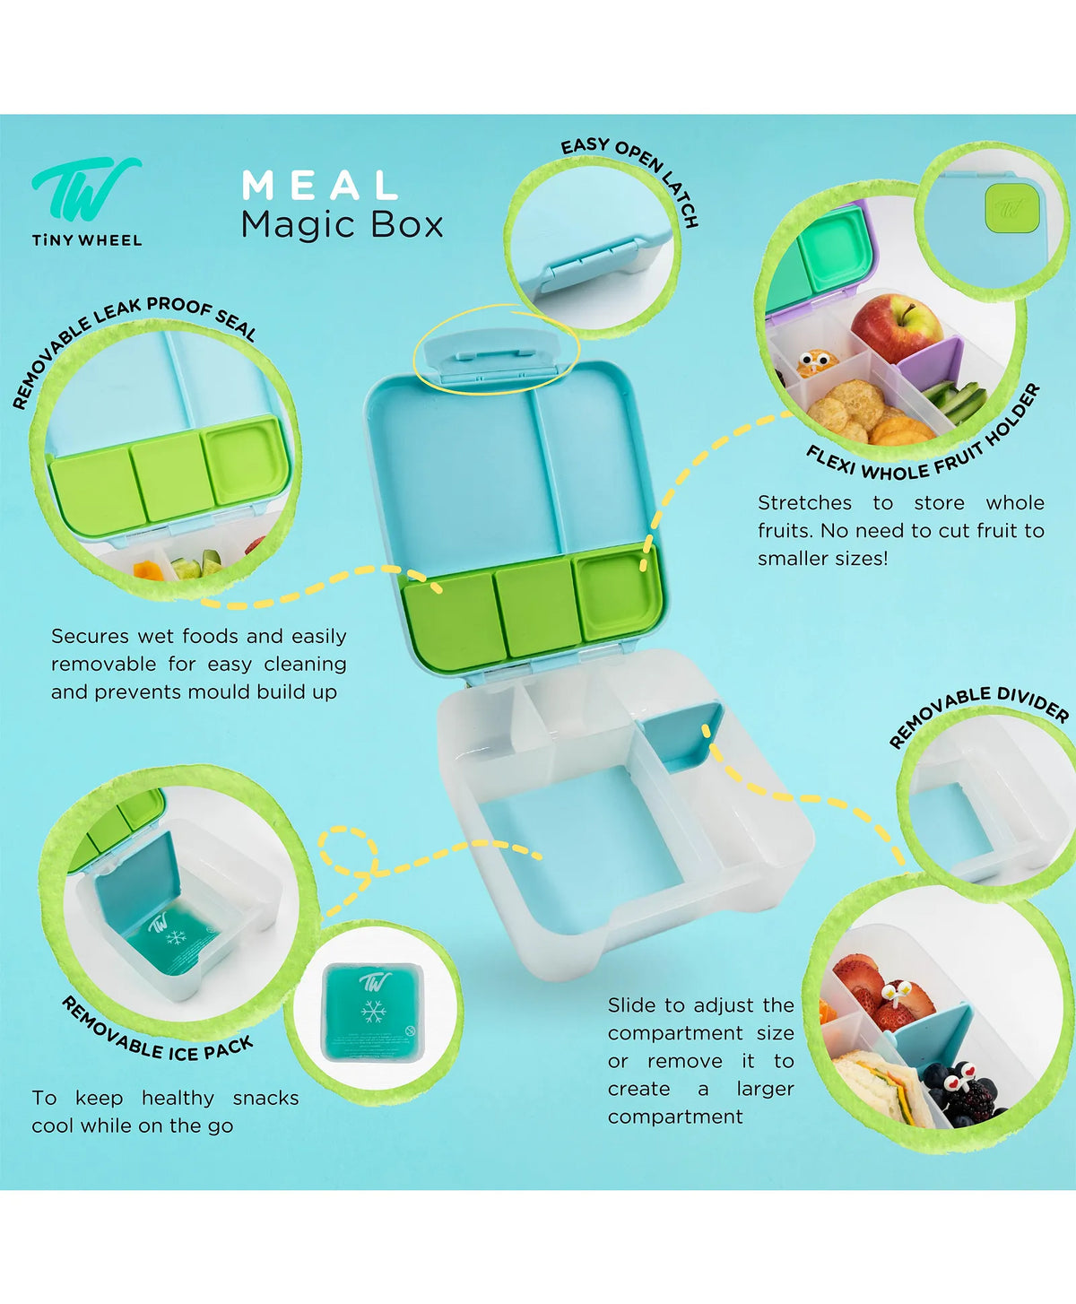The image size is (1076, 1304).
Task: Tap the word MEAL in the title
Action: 320,186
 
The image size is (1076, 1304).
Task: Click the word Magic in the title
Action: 299,226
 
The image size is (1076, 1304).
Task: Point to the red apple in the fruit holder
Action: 896,327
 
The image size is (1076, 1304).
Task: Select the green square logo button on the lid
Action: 1011,209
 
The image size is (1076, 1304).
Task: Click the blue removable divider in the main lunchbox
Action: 682,737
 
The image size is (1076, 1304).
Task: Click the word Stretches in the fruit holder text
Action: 804,503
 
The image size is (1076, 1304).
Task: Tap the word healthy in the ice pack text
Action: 178,1098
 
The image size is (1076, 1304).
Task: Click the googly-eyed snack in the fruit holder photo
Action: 813,363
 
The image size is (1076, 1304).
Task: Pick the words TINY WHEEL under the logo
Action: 87,240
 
